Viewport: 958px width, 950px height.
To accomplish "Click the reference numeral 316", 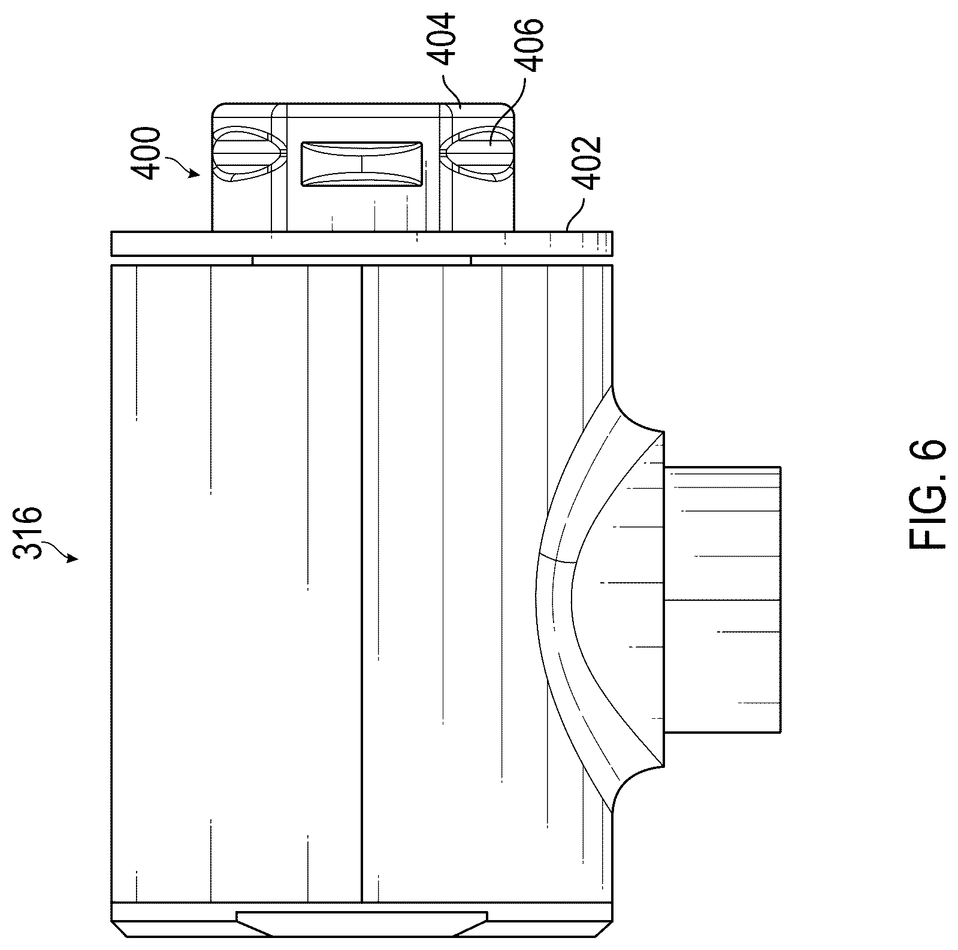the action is (x=29, y=533).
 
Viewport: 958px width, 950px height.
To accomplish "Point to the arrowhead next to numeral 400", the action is (x=195, y=174).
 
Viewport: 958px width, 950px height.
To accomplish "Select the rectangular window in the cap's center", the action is (x=362, y=164).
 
